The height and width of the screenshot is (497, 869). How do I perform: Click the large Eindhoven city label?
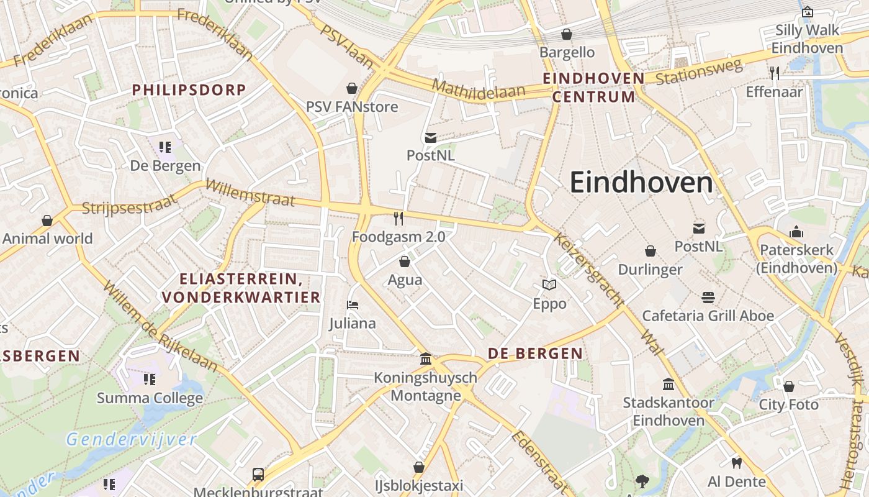(x=641, y=183)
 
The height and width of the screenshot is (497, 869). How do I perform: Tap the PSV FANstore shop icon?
(x=352, y=88)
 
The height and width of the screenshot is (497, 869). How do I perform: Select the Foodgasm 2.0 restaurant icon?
(x=398, y=219)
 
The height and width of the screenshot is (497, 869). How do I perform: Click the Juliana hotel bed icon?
(x=353, y=305)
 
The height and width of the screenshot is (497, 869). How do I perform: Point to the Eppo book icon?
(x=549, y=285)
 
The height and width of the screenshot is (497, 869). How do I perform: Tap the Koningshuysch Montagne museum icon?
(x=426, y=358)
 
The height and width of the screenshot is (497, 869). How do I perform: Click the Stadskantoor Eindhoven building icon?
(x=669, y=384)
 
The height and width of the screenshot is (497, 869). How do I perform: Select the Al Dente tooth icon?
(x=737, y=463)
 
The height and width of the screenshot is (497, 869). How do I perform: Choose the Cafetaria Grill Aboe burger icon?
(x=708, y=297)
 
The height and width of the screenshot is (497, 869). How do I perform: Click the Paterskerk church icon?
(x=796, y=232)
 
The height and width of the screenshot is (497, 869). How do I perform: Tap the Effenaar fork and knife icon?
(x=774, y=73)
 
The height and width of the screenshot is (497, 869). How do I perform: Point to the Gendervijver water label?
(x=132, y=440)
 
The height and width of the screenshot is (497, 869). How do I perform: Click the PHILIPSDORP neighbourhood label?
(x=189, y=89)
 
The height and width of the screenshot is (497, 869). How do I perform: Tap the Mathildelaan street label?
(x=479, y=88)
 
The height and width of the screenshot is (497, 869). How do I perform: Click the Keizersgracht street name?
(x=587, y=270)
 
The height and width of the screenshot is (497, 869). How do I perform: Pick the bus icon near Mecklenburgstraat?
(x=258, y=475)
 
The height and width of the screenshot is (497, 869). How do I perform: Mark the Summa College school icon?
(x=149, y=379)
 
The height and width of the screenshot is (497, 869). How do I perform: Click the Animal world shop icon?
(x=47, y=221)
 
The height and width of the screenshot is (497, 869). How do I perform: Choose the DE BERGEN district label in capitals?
(x=535, y=353)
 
